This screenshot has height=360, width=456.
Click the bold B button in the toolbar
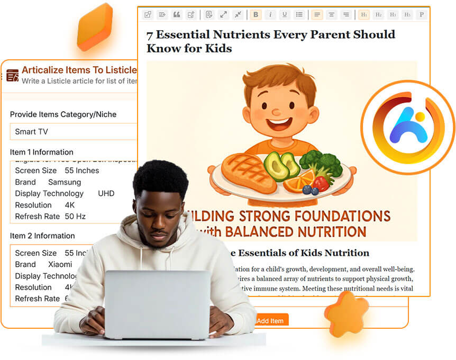[x=256, y=15]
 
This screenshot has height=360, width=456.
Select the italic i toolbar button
[x=270, y=15]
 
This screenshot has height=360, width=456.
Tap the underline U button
[x=285, y=15]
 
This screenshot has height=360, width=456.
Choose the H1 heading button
[x=364, y=15]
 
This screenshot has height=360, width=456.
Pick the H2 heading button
[x=379, y=15]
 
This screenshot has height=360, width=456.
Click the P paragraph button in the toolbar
[x=422, y=15]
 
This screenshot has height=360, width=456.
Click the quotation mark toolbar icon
[x=177, y=15]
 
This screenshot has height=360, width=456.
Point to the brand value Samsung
[x=65, y=182]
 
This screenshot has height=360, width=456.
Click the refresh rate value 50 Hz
[x=75, y=217]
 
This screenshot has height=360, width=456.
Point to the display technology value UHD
[x=106, y=194]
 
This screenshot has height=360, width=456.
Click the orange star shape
[x=346, y=314]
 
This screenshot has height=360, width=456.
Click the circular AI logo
[x=407, y=127]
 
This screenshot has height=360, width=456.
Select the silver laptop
[x=157, y=304]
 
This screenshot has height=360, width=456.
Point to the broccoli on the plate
[x=321, y=164]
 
